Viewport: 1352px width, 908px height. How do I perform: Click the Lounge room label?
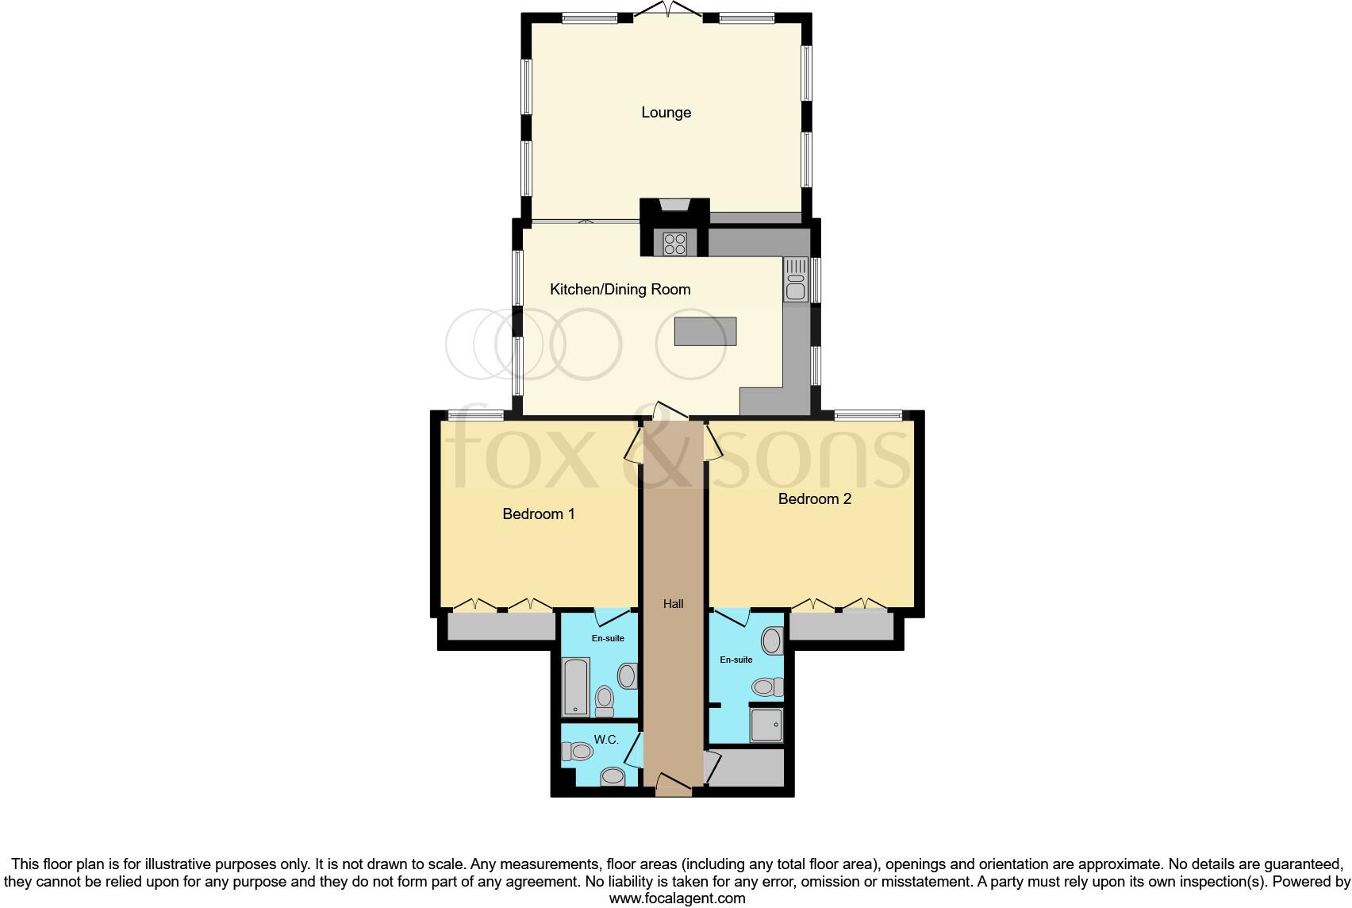pos(666,113)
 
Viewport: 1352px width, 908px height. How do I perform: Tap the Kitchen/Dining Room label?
pos(620,290)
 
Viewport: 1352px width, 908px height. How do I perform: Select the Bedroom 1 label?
pos(538,514)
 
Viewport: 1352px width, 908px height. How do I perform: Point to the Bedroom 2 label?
pos(814,499)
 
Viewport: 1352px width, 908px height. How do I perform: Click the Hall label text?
pos(673,604)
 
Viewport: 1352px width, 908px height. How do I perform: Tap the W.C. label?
pos(606,740)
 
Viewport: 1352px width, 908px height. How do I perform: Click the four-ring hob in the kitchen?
pos(674,242)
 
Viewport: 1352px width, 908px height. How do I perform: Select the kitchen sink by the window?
pos(795,280)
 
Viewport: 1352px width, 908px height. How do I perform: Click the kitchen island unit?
pos(705,331)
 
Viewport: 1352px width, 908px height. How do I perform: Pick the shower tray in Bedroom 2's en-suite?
pos(766,725)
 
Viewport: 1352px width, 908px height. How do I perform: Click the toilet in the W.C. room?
pos(578,751)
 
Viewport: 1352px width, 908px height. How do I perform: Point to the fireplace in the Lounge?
pos(674,206)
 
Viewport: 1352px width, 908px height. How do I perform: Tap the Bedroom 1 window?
pos(475,414)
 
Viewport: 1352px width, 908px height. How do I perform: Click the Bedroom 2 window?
pos(868,414)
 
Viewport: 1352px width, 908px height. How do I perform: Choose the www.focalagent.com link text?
pos(677,898)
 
